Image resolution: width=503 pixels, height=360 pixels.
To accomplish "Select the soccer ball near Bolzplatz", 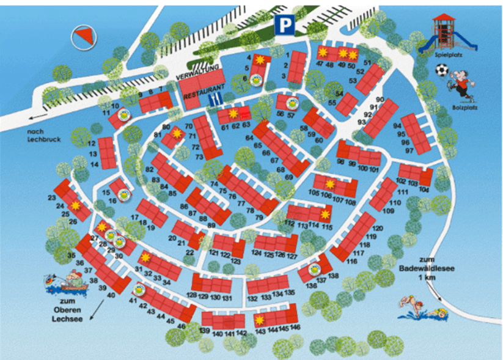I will pyautogui.click(x=441, y=71).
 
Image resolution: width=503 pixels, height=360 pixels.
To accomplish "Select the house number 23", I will pyautogui.click(x=51, y=197).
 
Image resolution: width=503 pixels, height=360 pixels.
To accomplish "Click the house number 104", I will pyautogui.click(x=425, y=190).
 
